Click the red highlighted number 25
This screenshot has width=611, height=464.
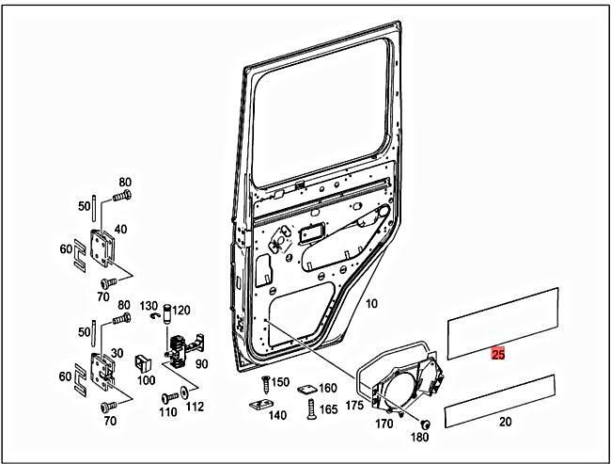click(498, 354)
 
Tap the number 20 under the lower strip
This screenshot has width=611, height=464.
click(505, 423)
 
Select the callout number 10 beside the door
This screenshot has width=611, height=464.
click(370, 304)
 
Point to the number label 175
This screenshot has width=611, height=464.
click(352, 406)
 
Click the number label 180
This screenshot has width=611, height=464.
click(420, 437)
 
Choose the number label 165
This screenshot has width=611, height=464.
click(328, 410)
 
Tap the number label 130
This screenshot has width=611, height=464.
click(149, 307)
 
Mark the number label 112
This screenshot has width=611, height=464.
click(195, 408)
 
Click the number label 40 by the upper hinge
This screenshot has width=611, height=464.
click(121, 228)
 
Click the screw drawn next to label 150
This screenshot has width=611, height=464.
click(265, 384)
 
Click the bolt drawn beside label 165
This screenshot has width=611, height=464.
click(309, 408)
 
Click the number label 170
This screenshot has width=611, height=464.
click(384, 423)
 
